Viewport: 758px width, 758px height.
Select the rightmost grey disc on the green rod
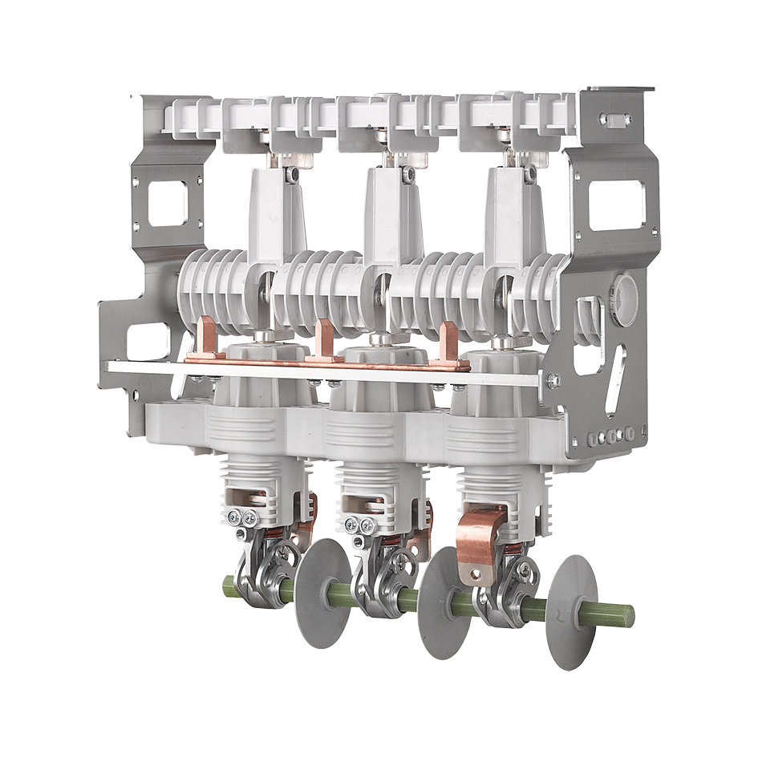(571, 612)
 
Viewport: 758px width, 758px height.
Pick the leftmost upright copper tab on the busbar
(206, 337)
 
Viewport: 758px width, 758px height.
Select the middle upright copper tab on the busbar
(324, 340)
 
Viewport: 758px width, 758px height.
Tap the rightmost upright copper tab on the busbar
(449, 345)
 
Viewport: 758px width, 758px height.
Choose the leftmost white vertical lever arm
(278, 210)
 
